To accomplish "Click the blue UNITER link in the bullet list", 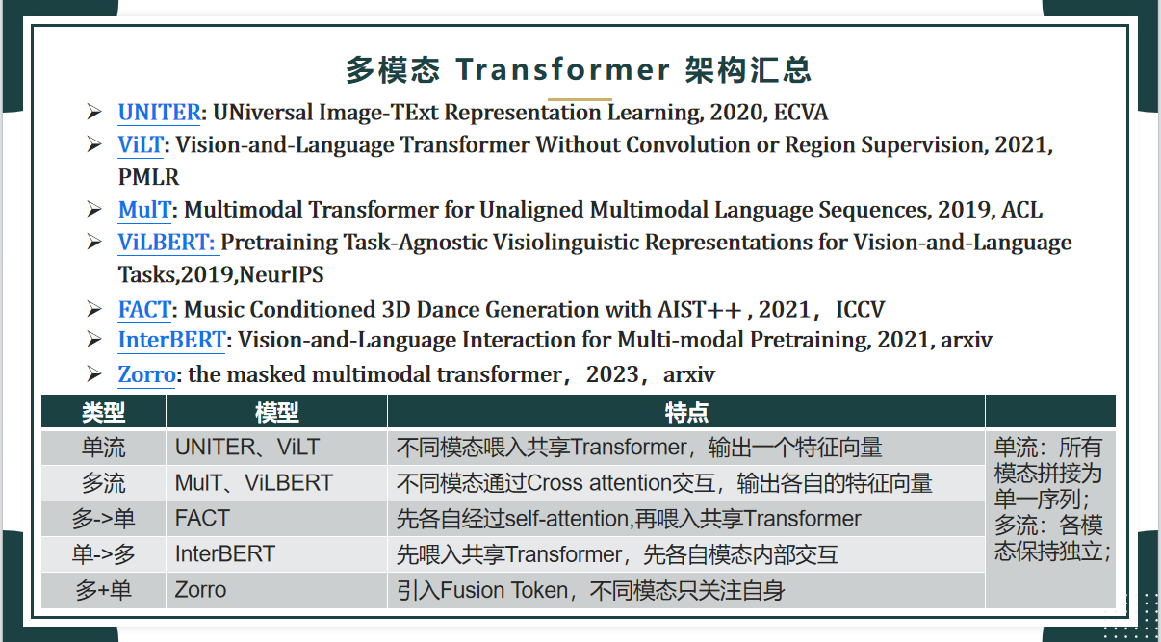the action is [x=159, y=113].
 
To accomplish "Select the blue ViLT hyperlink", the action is [x=141, y=145].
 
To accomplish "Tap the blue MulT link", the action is [x=144, y=210].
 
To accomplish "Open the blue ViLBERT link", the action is [x=166, y=243].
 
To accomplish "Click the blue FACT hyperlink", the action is [x=144, y=310].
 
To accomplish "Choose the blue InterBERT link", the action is [x=171, y=340].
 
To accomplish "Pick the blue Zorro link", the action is [x=146, y=374].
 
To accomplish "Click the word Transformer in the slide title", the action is [x=563, y=69].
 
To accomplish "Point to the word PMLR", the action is [x=148, y=177].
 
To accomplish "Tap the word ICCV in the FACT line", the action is [x=860, y=310].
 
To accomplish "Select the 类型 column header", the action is [x=103, y=413].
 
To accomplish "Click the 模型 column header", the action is [x=277, y=413].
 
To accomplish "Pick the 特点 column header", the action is [x=686, y=413].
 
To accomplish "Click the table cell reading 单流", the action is [x=103, y=448].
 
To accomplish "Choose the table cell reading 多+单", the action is [x=103, y=590].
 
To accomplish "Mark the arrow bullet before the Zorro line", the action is [x=94, y=373].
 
